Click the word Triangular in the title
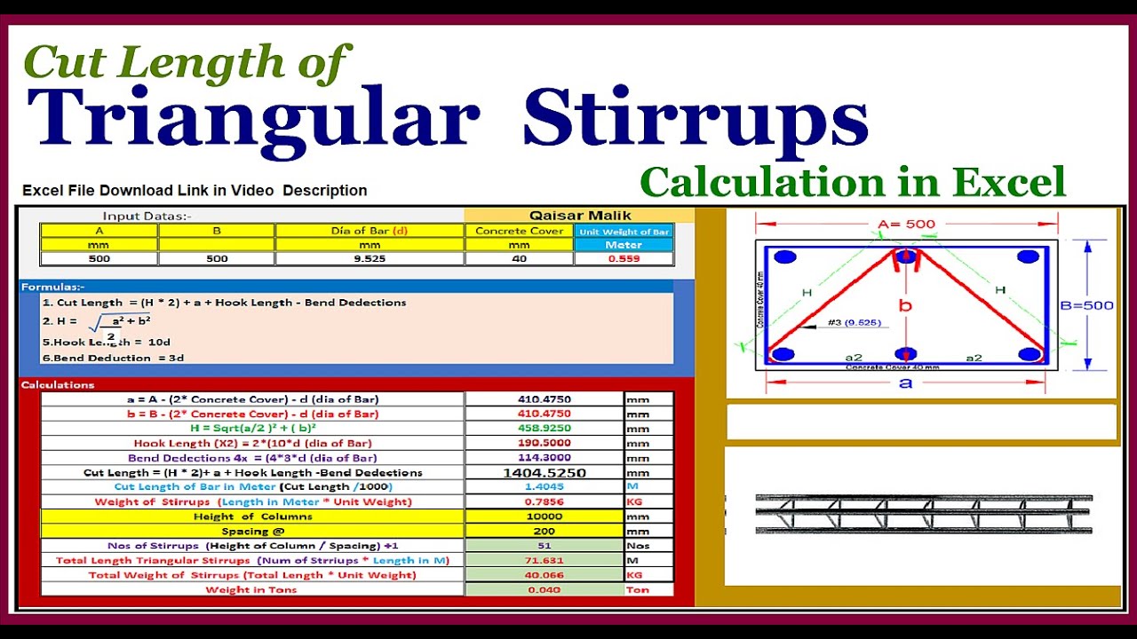(x=253, y=118)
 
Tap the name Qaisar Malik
(x=579, y=215)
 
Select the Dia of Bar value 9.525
(x=370, y=259)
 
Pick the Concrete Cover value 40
(x=519, y=259)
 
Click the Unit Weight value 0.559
(x=623, y=259)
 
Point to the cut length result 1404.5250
(x=544, y=473)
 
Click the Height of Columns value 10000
(x=544, y=517)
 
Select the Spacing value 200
(x=544, y=531)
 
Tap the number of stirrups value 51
(x=544, y=546)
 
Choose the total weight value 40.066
(x=544, y=575)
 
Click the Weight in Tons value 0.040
(x=544, y=589)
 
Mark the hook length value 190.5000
(x=544, y=443)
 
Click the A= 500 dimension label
(x=906, y=224)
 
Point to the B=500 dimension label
(x=1086, y=306)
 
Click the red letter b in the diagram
(x=905, y=306)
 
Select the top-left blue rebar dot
(x=784, y=257)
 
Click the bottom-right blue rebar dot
(x=1029, y=355)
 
